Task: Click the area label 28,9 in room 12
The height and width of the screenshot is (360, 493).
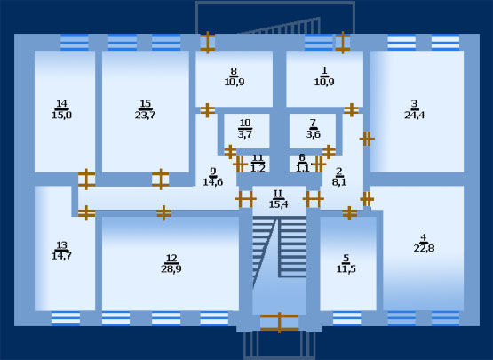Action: (171, 269)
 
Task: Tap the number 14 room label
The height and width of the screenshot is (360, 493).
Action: (61, 103)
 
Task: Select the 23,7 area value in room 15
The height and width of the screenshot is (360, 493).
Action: (146, 116)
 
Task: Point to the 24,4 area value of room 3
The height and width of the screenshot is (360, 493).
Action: (415, 116)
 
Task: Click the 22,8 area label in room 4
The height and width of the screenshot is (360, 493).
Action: (424, 248)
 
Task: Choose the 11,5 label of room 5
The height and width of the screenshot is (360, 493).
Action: (346, 269)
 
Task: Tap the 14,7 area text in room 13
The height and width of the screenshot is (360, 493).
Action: (61, 256)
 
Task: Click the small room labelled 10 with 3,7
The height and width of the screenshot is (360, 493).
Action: (247, 131)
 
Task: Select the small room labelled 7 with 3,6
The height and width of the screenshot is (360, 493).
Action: (313, 131)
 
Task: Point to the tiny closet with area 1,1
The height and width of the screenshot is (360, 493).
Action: (303, 164)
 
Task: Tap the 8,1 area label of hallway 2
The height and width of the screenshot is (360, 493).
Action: (339, 182)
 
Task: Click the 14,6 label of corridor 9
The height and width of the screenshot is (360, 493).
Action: (213, 182)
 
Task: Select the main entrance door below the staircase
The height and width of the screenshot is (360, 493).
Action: (279, 323)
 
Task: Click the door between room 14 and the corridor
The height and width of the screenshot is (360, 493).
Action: (86, 180)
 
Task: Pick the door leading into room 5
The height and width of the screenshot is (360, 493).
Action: (350, 213)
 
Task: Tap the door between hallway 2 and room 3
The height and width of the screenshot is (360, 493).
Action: (367, 139)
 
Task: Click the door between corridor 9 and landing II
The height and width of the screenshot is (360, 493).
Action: (245, 199)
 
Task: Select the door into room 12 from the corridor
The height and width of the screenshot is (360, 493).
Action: (163, 213)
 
